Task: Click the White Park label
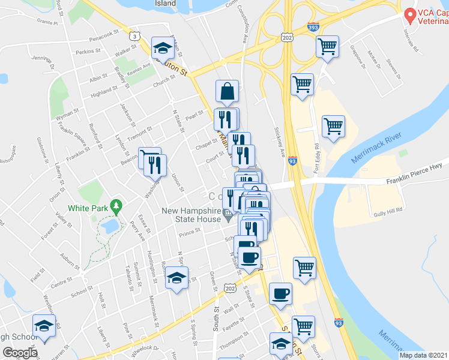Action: (88, 208)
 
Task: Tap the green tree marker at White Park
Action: (117, 208)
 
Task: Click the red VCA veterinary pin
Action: (411, 13)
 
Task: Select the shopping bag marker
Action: (228, 91)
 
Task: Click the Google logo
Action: (20, 352)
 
